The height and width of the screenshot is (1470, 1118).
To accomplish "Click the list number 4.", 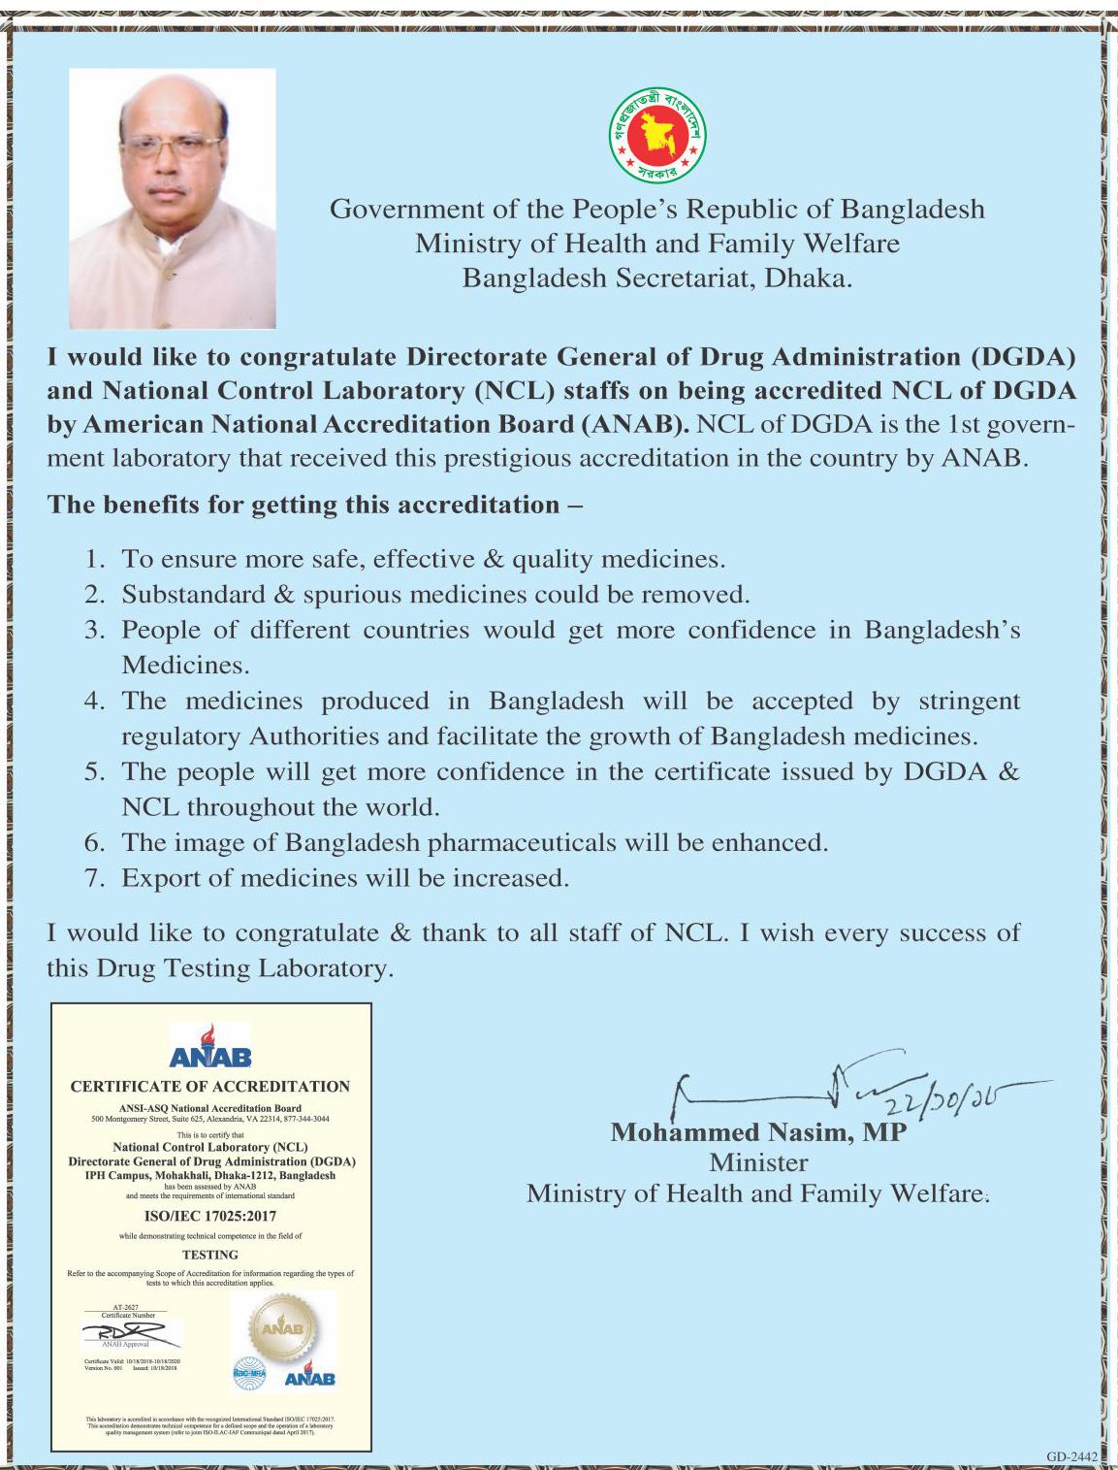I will pos(94,701).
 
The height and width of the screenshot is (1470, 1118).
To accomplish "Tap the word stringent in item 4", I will pos(969,701).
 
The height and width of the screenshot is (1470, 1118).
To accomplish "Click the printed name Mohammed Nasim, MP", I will pos(758,1132).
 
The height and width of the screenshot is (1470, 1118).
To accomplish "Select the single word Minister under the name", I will pos(758,1162).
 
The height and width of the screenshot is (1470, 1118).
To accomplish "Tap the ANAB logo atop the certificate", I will pos(210,1047).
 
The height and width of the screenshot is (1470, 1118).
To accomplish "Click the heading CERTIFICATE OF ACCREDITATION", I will pos(210,1087).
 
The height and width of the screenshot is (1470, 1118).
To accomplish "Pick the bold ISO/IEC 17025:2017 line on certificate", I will pos(210,1216).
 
